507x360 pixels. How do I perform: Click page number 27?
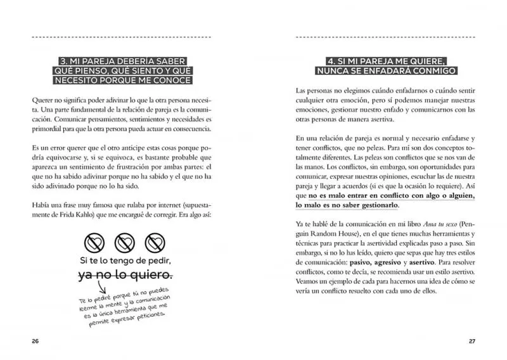coord(472,342)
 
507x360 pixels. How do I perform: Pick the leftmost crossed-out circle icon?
coord(95,242)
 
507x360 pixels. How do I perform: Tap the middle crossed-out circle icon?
coord(124,242)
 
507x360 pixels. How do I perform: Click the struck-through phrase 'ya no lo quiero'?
coord(125,275)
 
